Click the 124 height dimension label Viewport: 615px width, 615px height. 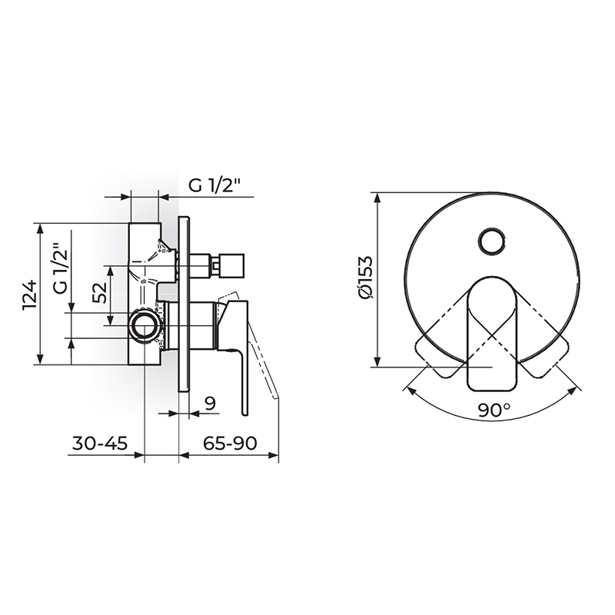[x=31, y=294]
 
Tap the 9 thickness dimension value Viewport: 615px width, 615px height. [x=211, y=403]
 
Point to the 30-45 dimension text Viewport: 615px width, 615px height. [x=100, y=444]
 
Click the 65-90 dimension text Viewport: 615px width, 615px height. [x=230, y=444]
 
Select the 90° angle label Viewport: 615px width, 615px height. [x=494, y=411]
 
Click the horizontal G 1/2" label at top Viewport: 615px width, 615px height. [x=214, y=185]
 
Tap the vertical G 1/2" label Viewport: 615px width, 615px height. [x=61, y=268]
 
